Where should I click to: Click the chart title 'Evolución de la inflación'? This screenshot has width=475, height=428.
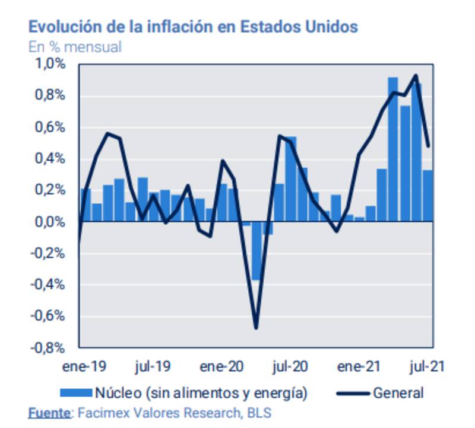point(193,27)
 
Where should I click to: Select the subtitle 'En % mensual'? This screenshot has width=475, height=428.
point(75,47)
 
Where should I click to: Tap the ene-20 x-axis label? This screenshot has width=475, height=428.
point(221,367)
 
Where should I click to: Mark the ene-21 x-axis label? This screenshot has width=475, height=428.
point(359,367)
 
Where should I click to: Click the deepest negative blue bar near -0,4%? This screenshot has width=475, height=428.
point(256,251)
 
